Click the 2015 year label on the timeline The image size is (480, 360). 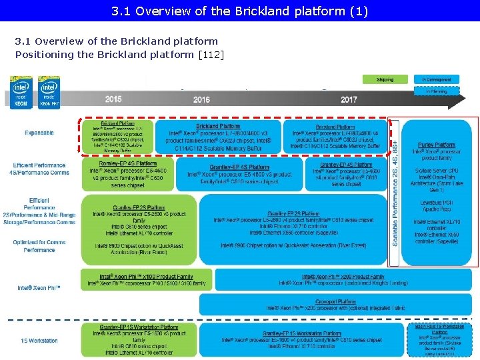[x=113, y=99]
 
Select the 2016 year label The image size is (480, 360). [x=201, y=100]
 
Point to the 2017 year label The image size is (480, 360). [x=349, y=100]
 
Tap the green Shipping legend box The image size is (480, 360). [x=385, y=79]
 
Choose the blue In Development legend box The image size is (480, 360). [x=436, y=79]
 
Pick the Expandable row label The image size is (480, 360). [x=39, y=133]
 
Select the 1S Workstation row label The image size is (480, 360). [x=39, y=341]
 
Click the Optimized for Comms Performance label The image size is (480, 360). [x=39, y=246]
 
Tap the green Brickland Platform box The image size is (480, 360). [x=117, y=137]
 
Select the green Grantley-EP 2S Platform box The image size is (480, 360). [x=139, y=229]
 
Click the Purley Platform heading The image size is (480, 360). [x=437, y=145]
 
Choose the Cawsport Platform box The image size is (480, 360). [x=335, y=304]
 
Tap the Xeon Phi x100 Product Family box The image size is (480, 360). [x=146, y=280]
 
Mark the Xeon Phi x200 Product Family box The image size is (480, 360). [x=343, y=280]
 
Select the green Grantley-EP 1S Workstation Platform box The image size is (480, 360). [x=139, y=339]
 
